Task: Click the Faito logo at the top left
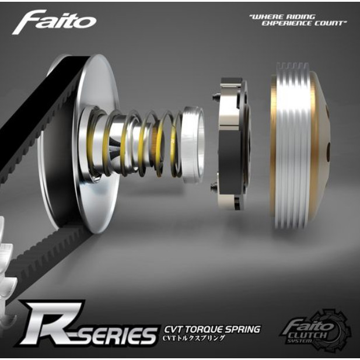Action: click(54, 22)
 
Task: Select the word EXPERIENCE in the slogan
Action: click(285, 23)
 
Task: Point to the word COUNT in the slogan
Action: click(331, 23)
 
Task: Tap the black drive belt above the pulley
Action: click(35, 105)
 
